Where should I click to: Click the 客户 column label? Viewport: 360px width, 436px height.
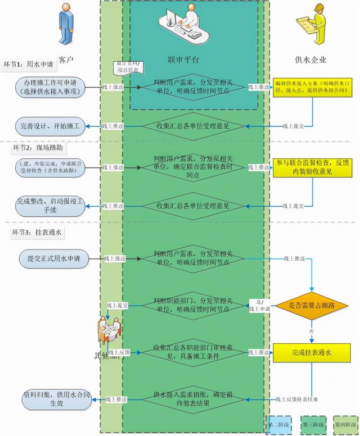tap(66, 58)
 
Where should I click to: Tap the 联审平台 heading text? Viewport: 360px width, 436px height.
tap(183, 59)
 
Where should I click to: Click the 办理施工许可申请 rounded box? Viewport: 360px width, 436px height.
tap(51, 88)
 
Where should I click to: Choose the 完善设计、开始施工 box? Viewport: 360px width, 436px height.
tap(51, 125)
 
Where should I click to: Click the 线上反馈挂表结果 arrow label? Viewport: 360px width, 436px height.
tap(296, 399)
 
